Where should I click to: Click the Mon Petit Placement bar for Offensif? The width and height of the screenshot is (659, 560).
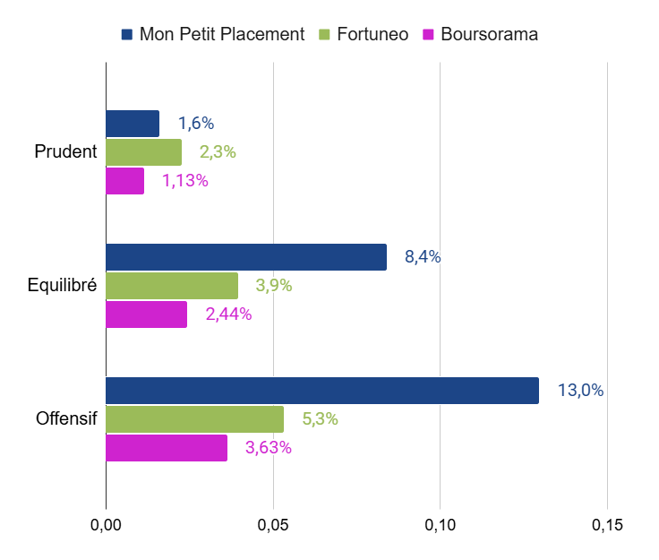tap(322, 391)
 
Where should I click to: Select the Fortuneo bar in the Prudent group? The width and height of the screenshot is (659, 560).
tap(143, 152)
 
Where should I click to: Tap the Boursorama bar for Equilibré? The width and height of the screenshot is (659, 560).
tap(146, 314)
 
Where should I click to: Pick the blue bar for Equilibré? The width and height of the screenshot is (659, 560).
tap(246, 257)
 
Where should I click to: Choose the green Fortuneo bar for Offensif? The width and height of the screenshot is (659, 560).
tap(194, 419)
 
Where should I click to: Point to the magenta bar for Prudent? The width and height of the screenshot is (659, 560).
tap(124, 181)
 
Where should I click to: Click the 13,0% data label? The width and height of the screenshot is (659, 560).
tap(580, 391)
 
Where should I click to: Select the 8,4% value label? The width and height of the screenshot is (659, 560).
tap(423, 257)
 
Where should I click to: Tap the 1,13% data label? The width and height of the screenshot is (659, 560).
tap(184, 181)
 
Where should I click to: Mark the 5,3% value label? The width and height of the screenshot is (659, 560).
tap(320, 419)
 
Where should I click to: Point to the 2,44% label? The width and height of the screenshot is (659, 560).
tap(228, 314)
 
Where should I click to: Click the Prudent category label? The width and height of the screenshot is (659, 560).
tap(65, 151)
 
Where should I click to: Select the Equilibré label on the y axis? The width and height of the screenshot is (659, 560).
tap(62, 286)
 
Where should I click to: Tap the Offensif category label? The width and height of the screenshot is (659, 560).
tap(66, 418)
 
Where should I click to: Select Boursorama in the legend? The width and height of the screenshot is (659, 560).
tap(489, 35)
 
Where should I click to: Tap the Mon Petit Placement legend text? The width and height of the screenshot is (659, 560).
tap(222, 35)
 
